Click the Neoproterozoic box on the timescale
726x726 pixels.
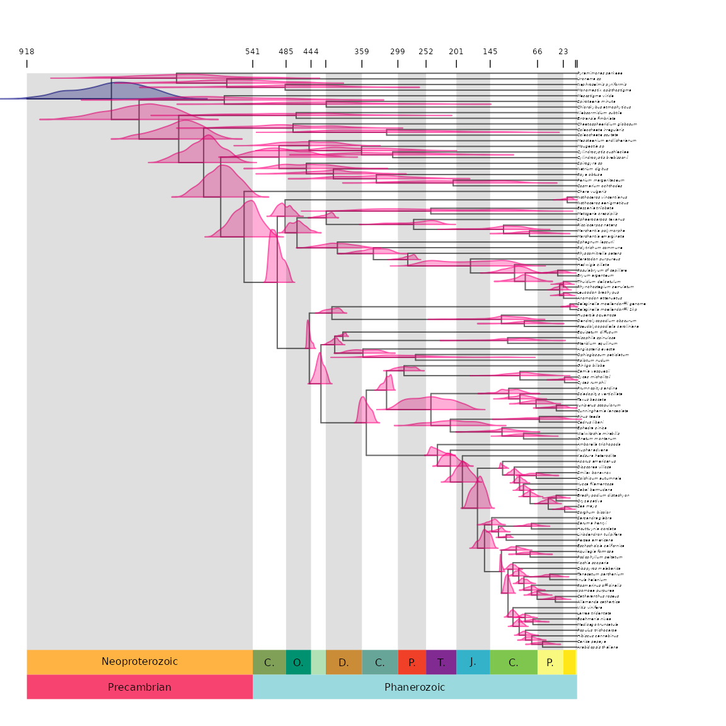139,662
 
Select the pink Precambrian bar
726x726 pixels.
139,687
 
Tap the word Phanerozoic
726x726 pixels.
415,687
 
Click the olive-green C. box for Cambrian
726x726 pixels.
269,662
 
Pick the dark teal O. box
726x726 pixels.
298,662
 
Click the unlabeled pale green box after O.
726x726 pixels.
318,662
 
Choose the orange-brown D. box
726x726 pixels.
343,662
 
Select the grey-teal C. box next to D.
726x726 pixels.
379,662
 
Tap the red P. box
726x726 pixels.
412,662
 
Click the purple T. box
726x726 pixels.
441,662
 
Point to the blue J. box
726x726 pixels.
473,662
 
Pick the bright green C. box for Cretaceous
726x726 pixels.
514,662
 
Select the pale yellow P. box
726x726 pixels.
550,662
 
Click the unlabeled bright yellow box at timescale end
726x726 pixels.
570,662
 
